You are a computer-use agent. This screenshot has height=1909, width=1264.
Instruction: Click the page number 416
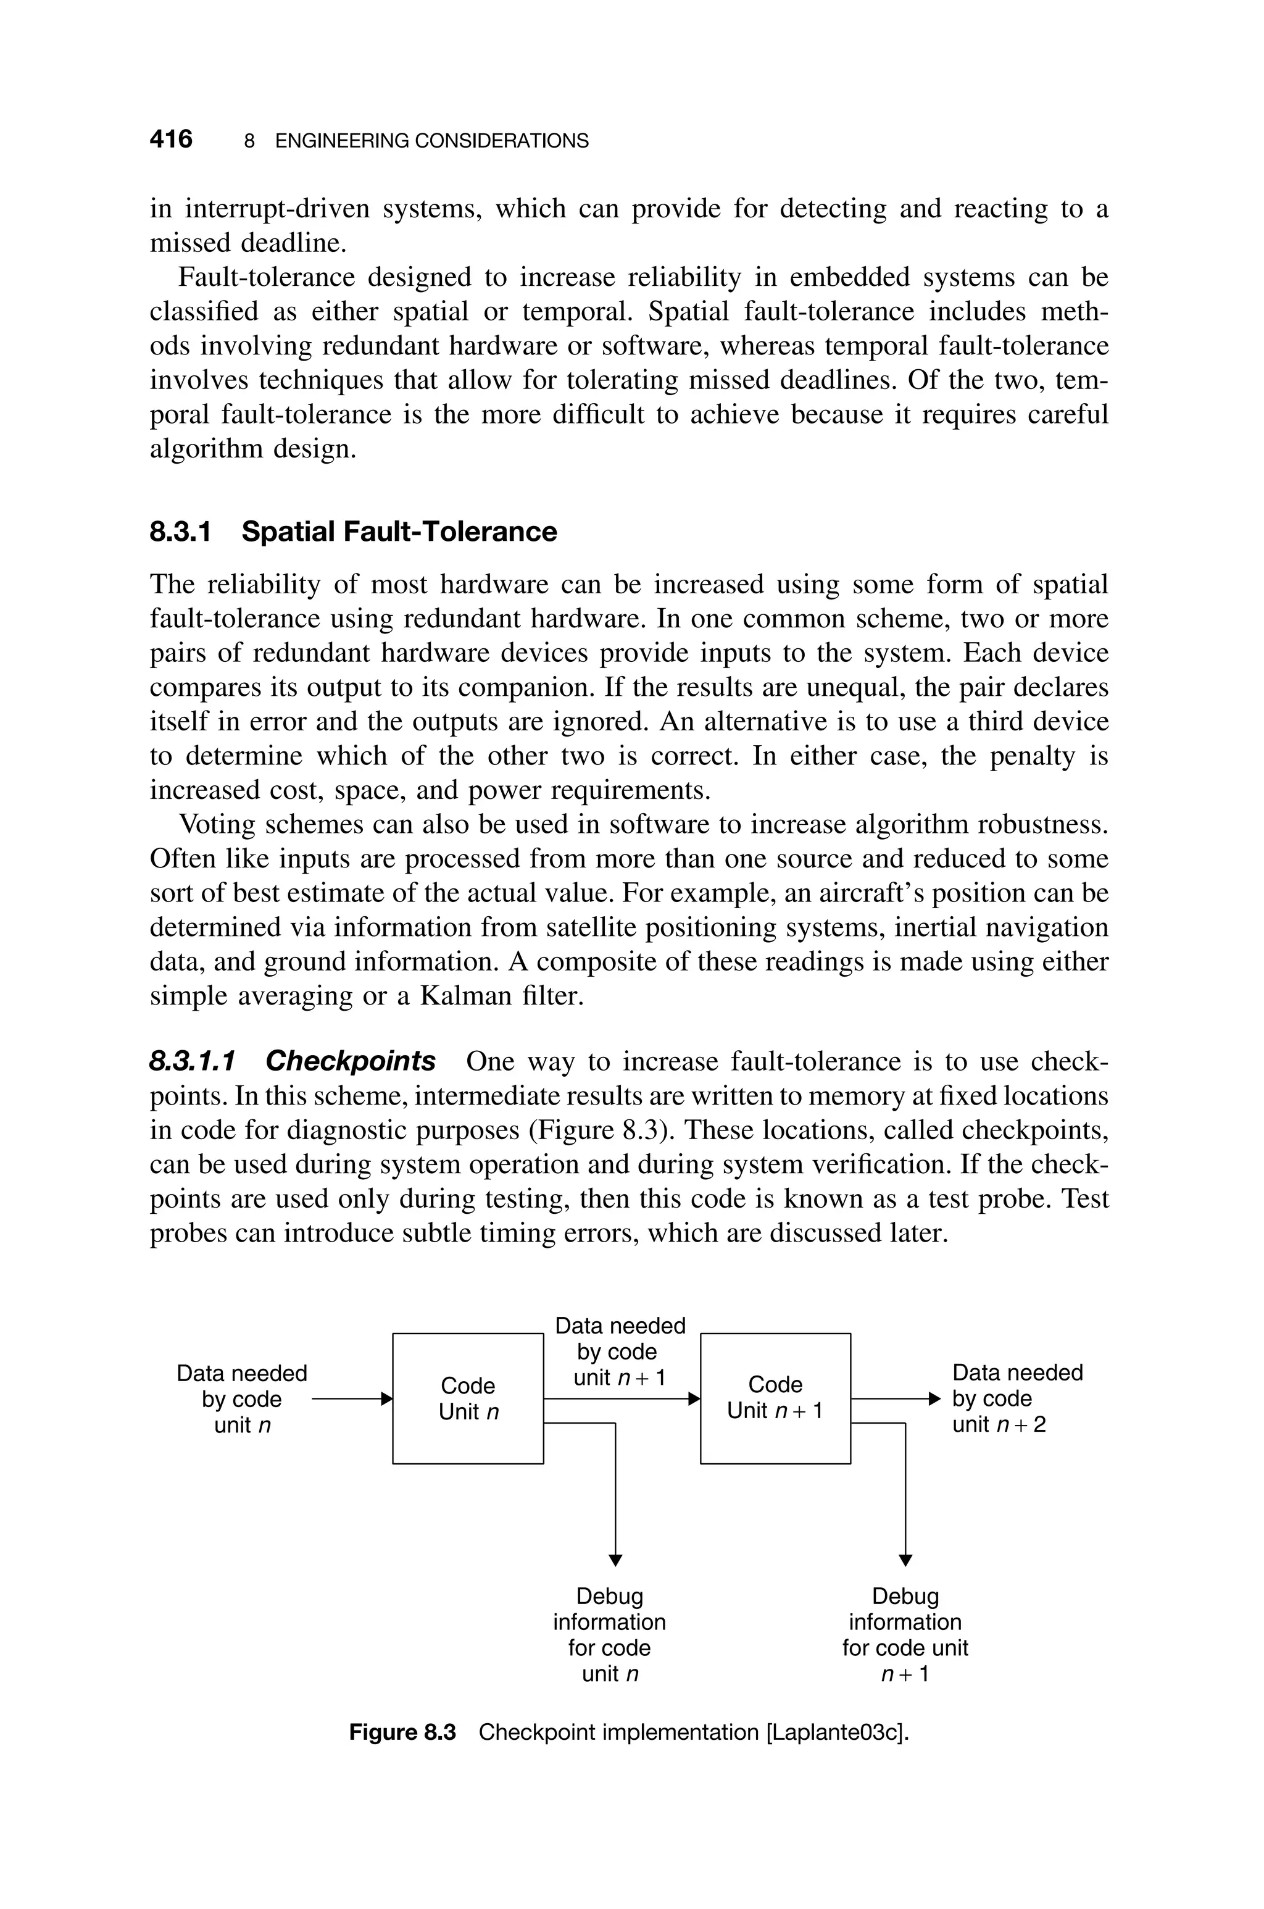tap(171, 140)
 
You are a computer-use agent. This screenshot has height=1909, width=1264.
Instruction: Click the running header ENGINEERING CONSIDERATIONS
tap(431, 141)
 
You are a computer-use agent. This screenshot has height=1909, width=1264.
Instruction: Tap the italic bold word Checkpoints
tap(350, 1061)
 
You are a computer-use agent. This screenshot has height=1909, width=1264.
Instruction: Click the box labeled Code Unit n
tap(468, 1398)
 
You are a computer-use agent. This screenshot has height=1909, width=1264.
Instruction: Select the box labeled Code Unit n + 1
tap(775, 1398)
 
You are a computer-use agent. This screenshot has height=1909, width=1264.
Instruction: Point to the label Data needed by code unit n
tap(242, 1398)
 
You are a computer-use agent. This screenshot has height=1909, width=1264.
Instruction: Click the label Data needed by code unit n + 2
tap(1017, 1398)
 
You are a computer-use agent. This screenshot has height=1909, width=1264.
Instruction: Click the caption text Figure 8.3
tap(402, 1732)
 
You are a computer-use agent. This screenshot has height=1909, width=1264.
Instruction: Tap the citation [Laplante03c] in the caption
tap(835, 1732)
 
